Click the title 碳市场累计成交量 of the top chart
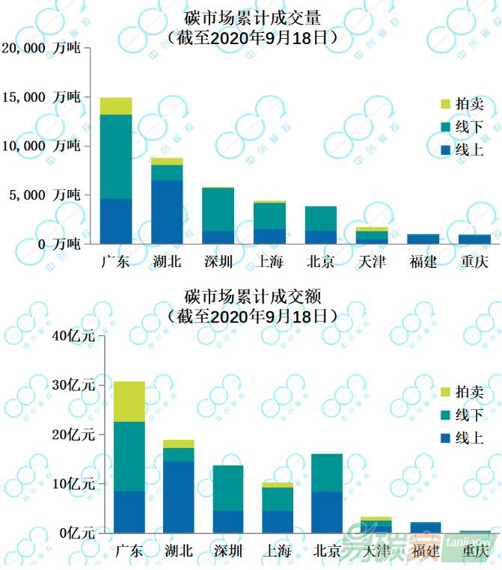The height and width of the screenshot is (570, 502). tap(253, 17)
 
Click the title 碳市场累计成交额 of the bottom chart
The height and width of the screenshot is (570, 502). tap(253, 296)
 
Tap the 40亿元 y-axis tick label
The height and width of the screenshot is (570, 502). tap(73, 336)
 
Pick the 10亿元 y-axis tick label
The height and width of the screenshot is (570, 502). tap(73, 484)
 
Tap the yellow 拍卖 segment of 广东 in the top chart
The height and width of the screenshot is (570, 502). tap(116, 105)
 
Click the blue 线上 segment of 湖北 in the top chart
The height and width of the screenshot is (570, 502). tap(167, 212)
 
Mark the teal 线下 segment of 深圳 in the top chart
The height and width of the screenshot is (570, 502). tap(218, 209)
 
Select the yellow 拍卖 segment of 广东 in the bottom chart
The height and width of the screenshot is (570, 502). tap(129, 402)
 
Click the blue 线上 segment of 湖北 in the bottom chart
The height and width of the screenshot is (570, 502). tap(179, 497)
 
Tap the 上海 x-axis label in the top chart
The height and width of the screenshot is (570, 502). tap(270, 262)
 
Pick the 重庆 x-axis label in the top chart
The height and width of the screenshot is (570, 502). tap(474, 262)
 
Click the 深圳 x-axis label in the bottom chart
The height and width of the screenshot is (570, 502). tap(228, 551)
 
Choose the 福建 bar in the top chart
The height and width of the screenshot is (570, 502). tap(423, 239)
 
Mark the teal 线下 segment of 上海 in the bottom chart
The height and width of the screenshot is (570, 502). tap(278, 499)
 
